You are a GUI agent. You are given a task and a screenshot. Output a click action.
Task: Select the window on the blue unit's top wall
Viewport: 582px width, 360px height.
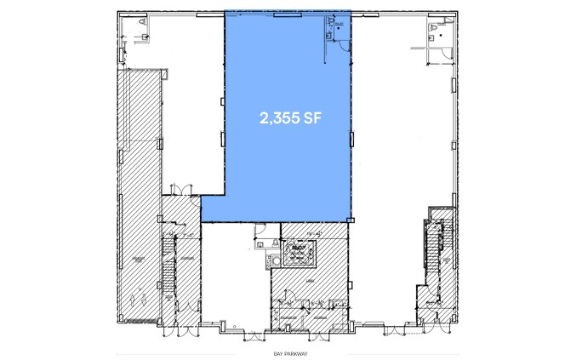(x=287, y=12)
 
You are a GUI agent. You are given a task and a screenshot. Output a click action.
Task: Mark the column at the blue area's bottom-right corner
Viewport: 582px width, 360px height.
(x=350, y=219)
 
